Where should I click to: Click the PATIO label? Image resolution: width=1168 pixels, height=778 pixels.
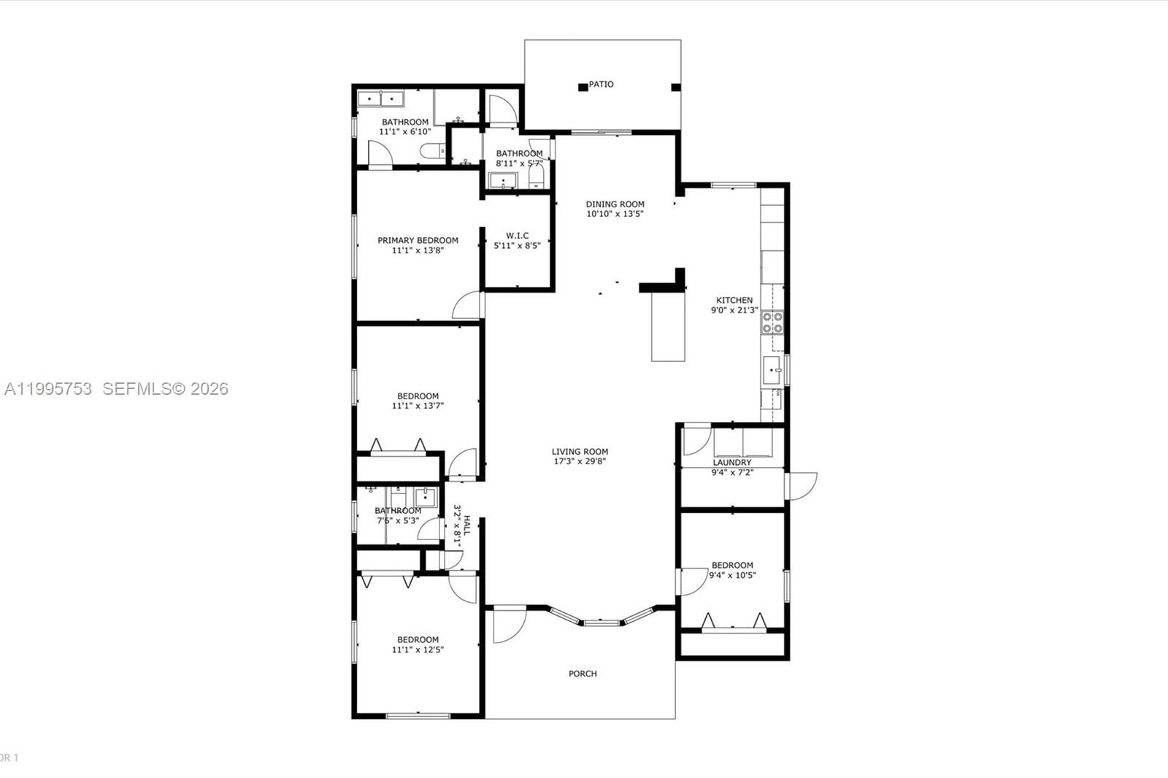pyautogui.click(x=601, y=85)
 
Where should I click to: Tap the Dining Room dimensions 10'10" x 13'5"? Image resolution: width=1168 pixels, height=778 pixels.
pyautogui.click(x=615, y=215)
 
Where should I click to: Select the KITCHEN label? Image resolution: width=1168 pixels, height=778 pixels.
pyautogui.click(x=734, y=300)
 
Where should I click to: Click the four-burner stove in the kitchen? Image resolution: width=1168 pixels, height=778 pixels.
pyautogui.click(x=772, y=323)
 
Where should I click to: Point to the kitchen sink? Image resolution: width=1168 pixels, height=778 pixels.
pyautogui.click(x=772, y=371)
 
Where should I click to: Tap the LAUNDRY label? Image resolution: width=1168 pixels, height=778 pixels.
pyautogui.click(x=731, y=463)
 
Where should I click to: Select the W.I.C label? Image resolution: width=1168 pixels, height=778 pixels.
pyautogui.click(x=517, y=236)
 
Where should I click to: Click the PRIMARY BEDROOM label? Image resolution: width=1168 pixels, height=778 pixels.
pyautogui.click(x=418, y=240)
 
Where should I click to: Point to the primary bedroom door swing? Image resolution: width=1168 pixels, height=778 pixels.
pyautogui.click(x=467, y=306)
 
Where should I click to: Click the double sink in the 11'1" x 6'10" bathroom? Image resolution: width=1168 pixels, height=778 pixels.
pyautogui.click(x=382, y=99)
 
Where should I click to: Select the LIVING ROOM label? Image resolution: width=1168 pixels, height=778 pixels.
pyautogui.click(x=580, y=452)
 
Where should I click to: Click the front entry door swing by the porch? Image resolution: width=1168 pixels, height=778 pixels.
pyautogui.click(x=508, y=626)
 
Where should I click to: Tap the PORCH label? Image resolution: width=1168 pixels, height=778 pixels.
pyautogui.click(x=583, y=674)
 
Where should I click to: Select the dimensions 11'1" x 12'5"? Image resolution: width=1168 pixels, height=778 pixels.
pyautogui.click(x=418, y=650)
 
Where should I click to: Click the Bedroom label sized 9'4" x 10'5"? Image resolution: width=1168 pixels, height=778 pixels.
pyautogui.click(x=732, y=565)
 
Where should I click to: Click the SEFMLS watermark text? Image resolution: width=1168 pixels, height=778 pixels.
pyautogui.click(x=165, y=389)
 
